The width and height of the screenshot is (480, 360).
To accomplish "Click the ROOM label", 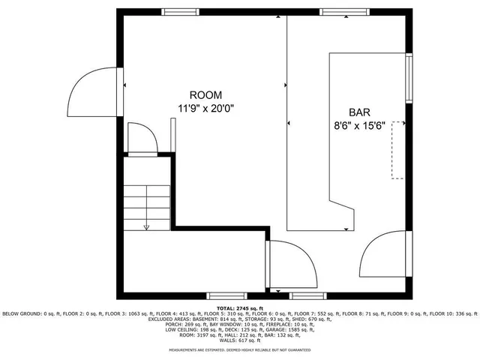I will [x=205, y=95].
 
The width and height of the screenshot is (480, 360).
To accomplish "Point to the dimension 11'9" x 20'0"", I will [x=205, y=108].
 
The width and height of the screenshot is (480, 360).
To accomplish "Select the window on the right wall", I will [x=409, y=79].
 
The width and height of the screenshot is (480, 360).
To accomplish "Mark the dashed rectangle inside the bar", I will [x=398, y=149].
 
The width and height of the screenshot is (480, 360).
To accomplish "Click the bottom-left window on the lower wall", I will [x=225, y=295].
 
